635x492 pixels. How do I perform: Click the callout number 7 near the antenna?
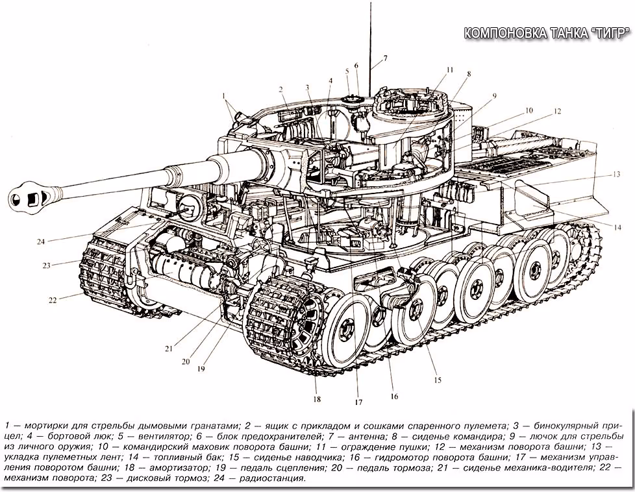tap(385, 58)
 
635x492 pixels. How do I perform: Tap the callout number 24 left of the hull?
tap(40, 241)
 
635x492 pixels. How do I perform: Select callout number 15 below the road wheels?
tap(438, 380)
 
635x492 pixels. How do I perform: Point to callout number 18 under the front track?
tap(317, 399)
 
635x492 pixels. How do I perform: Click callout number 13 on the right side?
tap(616, 175)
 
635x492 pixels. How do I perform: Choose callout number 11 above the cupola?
tap(449, 69)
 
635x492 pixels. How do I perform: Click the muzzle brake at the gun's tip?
tap(32, 196)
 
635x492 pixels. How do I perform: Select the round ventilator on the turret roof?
tap(351, 99)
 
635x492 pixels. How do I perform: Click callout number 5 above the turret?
tap(347, 71)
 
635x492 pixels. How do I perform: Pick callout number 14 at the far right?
tap(617, 228)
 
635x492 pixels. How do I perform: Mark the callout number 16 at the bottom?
tap(394, 397)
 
